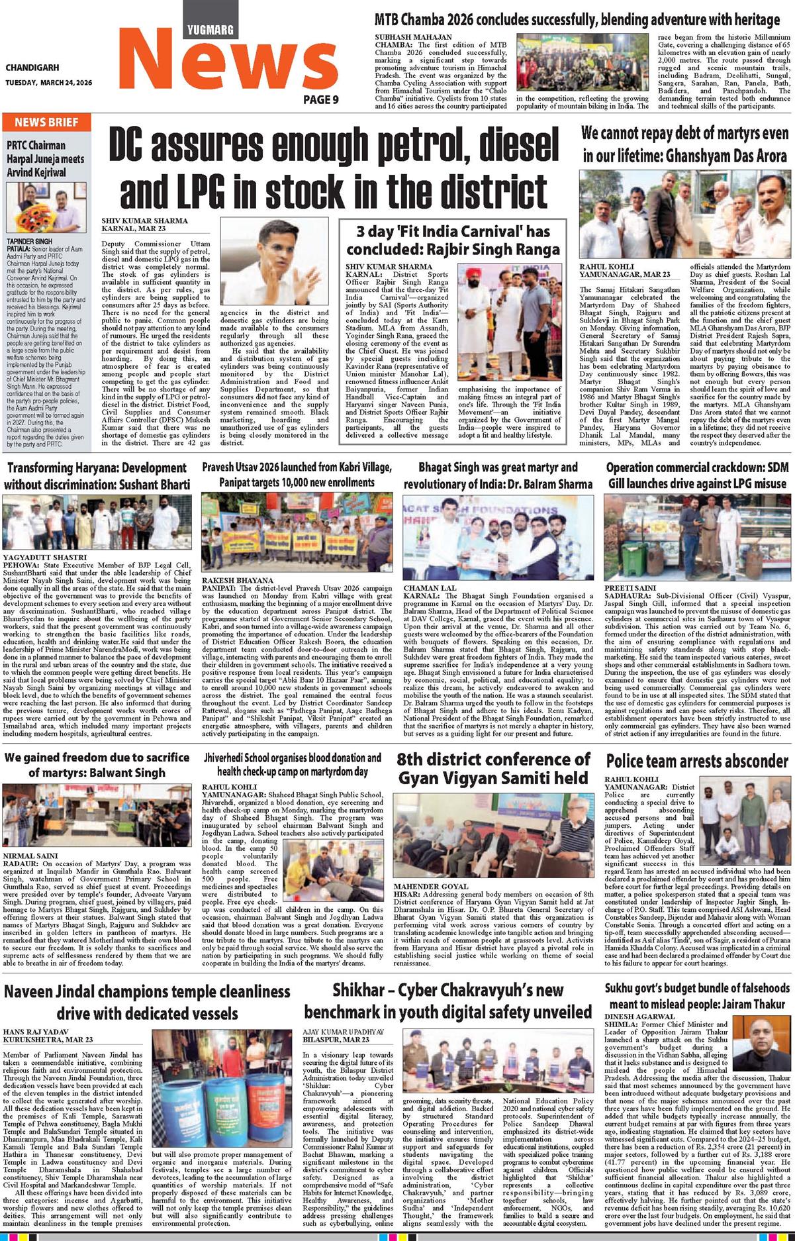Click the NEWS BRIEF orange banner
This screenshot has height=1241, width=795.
46,123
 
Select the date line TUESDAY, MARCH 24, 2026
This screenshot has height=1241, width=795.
49,83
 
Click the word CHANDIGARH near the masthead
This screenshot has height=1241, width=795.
32,68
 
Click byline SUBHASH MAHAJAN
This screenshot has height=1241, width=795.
413,37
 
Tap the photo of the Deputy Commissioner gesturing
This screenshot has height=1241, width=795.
274,262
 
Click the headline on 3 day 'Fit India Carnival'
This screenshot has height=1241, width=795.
453,240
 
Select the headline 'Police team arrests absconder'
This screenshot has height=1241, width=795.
697,761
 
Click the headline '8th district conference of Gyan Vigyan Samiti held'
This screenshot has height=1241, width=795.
492,768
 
